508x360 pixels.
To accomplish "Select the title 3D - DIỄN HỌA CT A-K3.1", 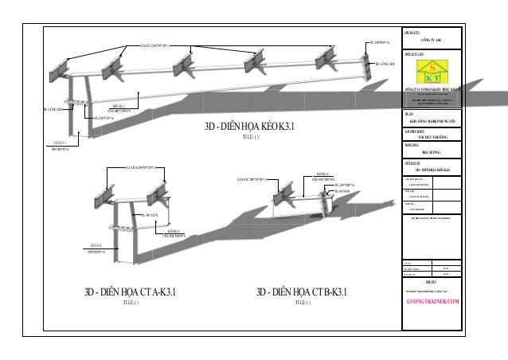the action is [127, 292].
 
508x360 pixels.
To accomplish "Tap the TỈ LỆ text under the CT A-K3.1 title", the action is [127, 303].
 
